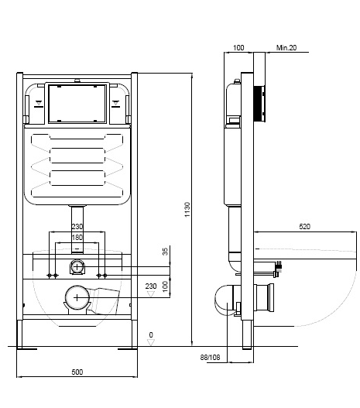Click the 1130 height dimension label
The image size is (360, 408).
coord(187,210)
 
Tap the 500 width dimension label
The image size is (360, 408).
coord(77,372)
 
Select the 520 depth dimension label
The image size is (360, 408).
coord(304,227)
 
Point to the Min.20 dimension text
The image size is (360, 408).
coord(286,48)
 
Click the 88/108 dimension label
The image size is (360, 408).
coord(210,358)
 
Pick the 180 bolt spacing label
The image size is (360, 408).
coord(77,238)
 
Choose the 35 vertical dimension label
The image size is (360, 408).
coord(165,252)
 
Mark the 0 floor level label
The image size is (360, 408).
coord(151,335)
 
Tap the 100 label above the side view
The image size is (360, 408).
coord(238,48)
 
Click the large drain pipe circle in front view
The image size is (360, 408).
coord(77,298)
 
